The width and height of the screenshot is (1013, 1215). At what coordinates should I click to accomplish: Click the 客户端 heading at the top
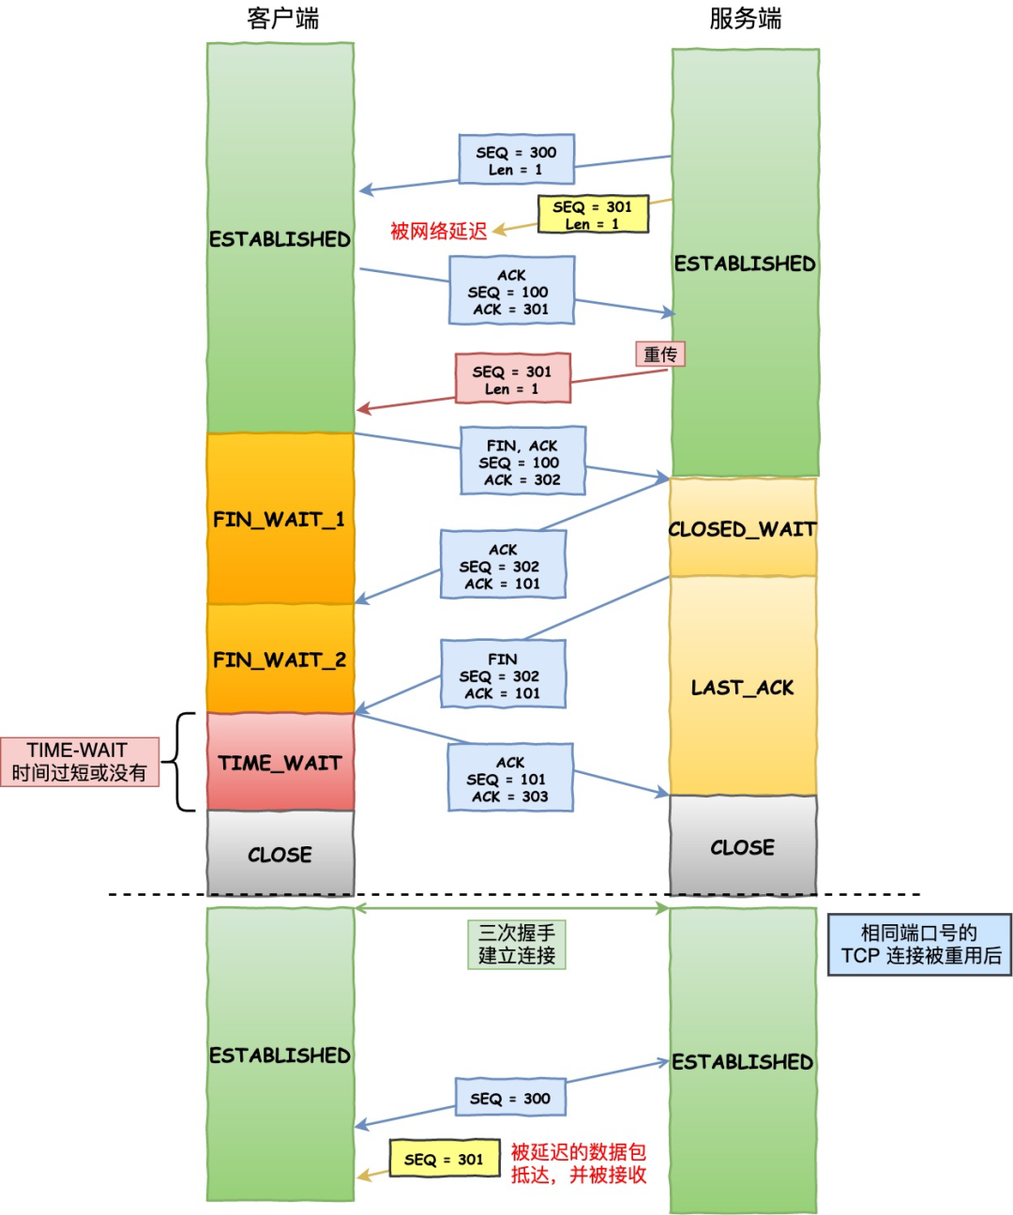(282, 19)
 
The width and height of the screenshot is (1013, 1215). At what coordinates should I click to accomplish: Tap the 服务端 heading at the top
(745, 19)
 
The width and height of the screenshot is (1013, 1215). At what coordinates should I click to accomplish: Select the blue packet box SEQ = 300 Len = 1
(516, 159)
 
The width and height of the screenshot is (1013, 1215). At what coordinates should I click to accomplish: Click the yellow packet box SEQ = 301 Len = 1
(593, 214)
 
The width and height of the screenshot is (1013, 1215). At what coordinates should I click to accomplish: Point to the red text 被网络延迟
(438, 231)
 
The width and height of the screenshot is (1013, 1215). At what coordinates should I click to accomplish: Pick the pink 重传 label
(660, 354)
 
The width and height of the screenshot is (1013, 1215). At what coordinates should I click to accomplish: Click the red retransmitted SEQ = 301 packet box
(512, 379)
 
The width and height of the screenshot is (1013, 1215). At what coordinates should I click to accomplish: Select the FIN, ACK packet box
(522, 462)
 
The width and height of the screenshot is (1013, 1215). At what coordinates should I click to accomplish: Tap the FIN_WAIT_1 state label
(280, 519)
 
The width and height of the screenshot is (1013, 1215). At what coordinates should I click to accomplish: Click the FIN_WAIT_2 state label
(280, 660)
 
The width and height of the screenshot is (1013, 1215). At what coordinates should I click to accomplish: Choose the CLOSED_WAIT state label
(742, 529)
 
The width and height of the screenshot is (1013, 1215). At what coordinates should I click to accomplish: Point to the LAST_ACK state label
(742, 688)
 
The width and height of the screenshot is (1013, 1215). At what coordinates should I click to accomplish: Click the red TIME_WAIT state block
(280, 763)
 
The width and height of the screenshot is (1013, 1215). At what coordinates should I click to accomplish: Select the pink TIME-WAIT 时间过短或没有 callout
(80, 761)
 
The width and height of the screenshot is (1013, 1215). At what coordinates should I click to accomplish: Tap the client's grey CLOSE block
(280, 854)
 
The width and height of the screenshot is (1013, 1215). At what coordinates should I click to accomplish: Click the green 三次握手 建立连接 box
(517, 944)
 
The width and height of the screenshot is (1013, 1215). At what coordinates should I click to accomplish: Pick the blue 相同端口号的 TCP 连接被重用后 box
(919, 945)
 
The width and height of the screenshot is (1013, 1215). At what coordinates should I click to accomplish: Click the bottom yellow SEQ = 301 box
(444, 1159)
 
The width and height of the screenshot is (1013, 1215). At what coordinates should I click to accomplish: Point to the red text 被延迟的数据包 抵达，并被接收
(578, 1163)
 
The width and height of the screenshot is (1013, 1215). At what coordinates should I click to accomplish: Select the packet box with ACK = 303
(509, 779)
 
